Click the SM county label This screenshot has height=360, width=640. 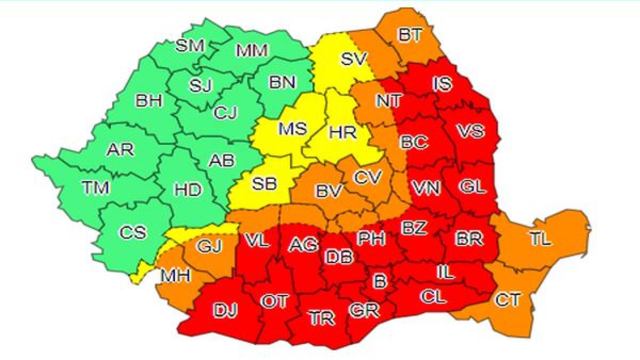[190, 46]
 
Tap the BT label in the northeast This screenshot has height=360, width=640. [409, 35]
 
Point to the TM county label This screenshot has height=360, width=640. [96, 188]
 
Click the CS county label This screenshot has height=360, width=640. [132, 233]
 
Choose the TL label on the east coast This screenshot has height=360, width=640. [540, 240]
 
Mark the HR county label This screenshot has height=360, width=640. [342, 132]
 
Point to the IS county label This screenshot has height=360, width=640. [443, 84]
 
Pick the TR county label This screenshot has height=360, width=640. [322, 318]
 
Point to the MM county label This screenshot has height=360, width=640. [253, 51]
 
